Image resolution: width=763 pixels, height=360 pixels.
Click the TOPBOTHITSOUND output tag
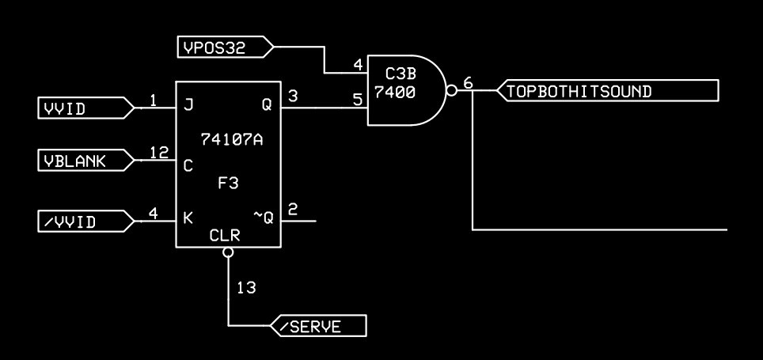point(605,91)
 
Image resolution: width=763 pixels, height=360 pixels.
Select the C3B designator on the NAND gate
point(400,74)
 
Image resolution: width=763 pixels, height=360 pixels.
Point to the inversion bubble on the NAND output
point(451,90)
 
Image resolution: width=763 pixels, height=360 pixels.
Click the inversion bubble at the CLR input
point(228,253)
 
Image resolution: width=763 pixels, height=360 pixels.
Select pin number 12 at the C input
point(159,153)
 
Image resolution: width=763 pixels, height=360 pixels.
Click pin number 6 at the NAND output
point(468,82)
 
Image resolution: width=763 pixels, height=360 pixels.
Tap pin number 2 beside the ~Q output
point(293,209)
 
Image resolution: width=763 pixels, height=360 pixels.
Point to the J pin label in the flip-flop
point(188,104)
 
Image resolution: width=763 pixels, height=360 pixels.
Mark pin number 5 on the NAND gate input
point(357,99)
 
